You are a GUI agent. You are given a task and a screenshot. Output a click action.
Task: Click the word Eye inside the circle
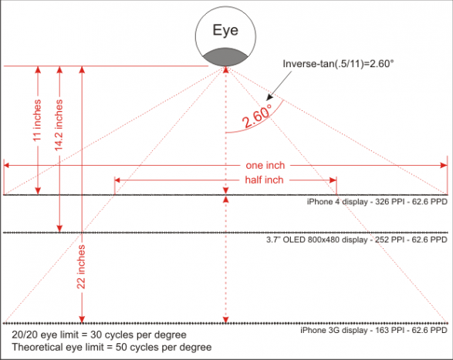(x=225, y=30)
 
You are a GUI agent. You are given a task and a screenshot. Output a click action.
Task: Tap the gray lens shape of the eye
(x=225, y=57)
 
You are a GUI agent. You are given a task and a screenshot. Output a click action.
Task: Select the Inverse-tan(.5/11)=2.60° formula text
(x=338, y=63)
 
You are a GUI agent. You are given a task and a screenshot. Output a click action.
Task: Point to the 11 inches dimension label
(x=37, y=120)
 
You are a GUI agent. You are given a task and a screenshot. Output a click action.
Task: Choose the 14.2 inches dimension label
(x=59, y=125)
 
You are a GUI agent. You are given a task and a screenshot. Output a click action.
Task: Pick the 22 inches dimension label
(x=81, y=267)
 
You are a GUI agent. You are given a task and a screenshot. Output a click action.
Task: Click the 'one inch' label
(x=265, y=166)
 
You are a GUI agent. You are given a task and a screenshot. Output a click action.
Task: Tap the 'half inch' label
(x=265, y=180)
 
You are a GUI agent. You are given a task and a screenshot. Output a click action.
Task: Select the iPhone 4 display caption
(x=377, y=201)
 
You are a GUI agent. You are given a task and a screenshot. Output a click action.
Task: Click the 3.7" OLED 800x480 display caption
(x=357, y=240)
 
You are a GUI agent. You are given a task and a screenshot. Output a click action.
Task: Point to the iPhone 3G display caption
(x=374, y=330)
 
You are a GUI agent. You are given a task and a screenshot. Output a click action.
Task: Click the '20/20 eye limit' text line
(x=99, y=335)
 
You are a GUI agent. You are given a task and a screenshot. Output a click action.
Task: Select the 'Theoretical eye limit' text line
(x=112, y=347)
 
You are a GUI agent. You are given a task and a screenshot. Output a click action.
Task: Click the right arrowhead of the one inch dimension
(x=444, y=165)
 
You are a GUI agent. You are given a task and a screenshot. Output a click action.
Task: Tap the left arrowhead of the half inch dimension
(x=117, y=180)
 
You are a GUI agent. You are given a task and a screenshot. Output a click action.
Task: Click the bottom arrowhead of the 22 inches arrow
(x=82, y=319)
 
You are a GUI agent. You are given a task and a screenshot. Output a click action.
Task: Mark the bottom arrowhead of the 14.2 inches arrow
(x=59, y=228)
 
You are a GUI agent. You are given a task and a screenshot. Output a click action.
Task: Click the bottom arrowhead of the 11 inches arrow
(x=38, y=191)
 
